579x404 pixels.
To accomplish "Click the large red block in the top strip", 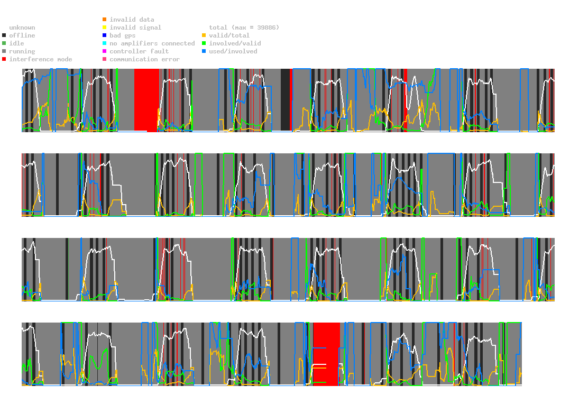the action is point(146,100).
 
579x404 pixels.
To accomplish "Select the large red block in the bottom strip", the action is point(326,354).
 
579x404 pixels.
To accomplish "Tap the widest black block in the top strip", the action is point(286,100).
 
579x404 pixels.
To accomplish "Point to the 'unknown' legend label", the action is point(22,27).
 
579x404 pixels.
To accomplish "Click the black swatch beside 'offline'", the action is point(4,35).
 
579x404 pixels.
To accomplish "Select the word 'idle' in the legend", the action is point(16,43).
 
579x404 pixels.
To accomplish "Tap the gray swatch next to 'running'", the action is point(4,51).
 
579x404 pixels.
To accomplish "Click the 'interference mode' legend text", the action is point(41,59).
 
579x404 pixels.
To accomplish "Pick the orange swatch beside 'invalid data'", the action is point(105,19).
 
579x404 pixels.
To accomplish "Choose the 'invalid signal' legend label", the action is point(135,27).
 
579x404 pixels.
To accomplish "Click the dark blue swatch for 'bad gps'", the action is point(105,35).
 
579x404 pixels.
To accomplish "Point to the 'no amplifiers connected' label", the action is point(152,43).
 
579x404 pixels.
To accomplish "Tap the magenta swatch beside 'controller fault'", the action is point(105,51).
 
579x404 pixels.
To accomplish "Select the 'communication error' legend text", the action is point(145,59).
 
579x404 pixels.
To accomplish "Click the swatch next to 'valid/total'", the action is point(204,35).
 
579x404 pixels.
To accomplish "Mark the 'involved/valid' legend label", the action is point(235,43).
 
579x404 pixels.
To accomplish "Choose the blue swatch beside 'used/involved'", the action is point(204,51).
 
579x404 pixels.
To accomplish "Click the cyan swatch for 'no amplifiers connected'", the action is point(105,43).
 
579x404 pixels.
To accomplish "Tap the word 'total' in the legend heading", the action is point(218,27).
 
